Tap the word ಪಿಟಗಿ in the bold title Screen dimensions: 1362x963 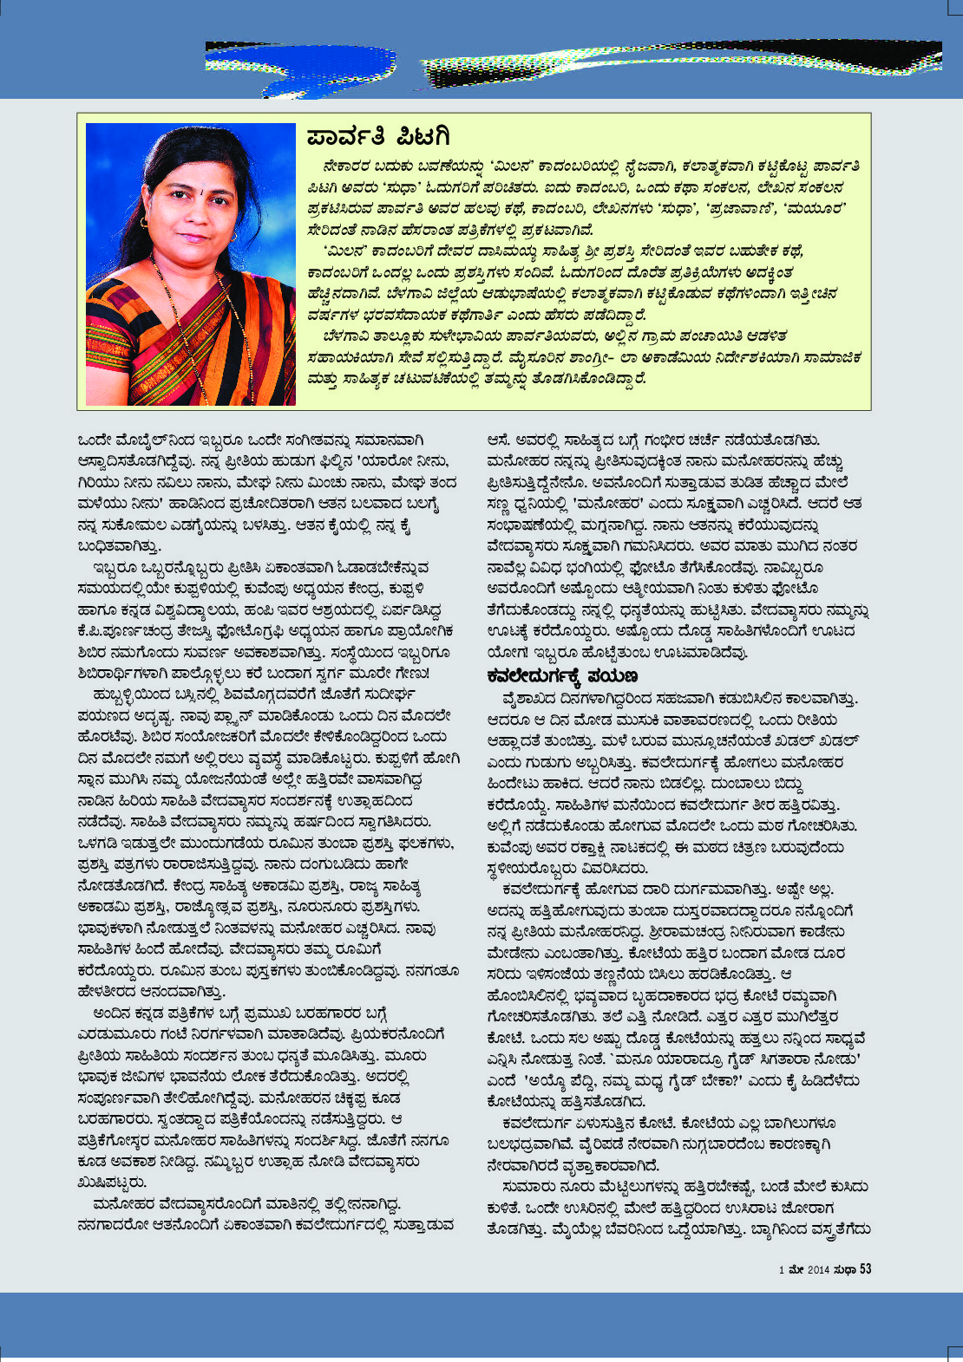[423, 137]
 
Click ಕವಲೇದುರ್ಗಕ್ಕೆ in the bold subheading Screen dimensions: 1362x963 [534, 675]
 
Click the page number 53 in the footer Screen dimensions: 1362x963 [865, 1269]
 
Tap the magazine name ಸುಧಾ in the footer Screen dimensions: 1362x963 [845, 1270]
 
